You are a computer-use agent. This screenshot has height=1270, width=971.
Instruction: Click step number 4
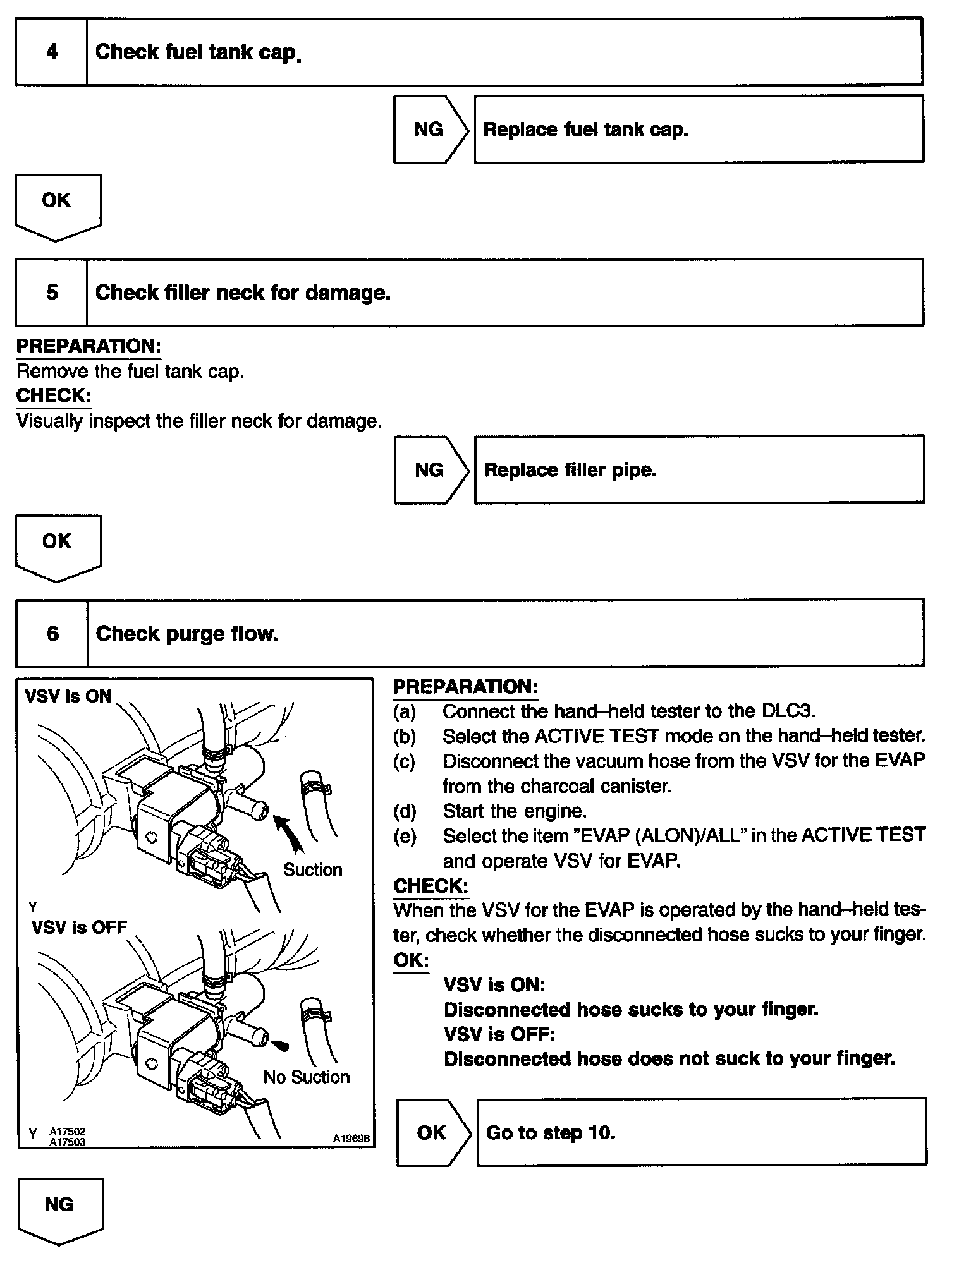click(x=52, y=52)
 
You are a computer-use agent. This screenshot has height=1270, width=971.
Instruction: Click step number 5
click(x=52, y=293)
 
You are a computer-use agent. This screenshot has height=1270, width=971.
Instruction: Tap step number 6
click(x=52, y=634)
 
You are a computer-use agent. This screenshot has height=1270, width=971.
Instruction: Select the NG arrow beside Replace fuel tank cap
click(x=430, y=130)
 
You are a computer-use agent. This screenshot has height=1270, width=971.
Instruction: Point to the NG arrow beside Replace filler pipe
click(x=431, y=470)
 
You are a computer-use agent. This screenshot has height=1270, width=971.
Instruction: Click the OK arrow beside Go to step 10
click(x=432, y=1133)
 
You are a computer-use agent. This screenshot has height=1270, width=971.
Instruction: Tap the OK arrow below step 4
click(x=57, y=203)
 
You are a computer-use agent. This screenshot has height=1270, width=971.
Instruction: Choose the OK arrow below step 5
click(x=58, y=544)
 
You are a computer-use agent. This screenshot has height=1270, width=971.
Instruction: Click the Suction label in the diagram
click(x=312, y=870)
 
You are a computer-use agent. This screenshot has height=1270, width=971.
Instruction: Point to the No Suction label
click(x=307, y=1077)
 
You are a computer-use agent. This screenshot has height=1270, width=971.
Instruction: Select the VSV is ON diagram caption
click(x=68, y=696)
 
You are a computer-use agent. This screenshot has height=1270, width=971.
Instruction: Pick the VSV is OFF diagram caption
click(x=79, y=928)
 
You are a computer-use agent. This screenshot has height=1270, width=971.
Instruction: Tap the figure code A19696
click(x=351, y=1139)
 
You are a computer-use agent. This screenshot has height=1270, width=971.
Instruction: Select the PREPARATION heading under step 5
click(x=89, y=346)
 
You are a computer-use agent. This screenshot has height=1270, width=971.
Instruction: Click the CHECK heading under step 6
click(x=431, y=886)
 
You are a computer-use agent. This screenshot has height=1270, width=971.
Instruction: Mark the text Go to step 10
click(x=550, y=1133)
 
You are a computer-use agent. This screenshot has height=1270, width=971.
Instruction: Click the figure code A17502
click(x=68, y=1132)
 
